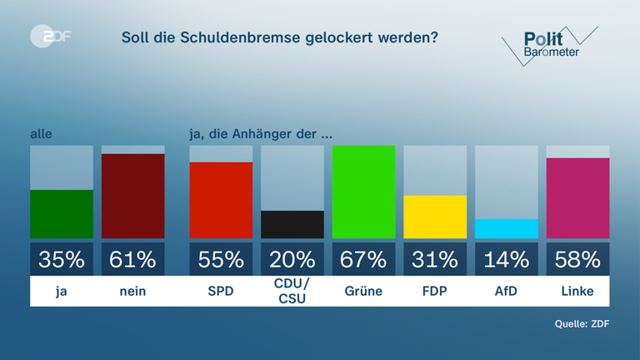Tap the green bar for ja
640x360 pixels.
(x=62, y=214)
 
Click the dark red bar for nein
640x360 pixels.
(x=133, y=196)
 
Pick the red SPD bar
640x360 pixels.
(x=221, y=200)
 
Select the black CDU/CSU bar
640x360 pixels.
(x=292, y=224)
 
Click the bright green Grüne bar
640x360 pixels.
(x=363, y=192)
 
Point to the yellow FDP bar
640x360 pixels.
(x=435, y=217)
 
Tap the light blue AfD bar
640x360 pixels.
(x=507, y=228)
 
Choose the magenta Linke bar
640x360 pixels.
(x=577, y=197)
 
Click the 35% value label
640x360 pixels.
(x=62, y=259)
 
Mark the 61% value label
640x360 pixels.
(x=133, y=259)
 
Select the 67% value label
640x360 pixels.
(x=363, y=259)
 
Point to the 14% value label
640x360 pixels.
(x=507, y=259)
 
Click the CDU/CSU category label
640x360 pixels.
(x=292, y=292)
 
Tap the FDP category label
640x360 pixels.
(x=435, y=292)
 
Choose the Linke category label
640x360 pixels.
(x=577, y=292)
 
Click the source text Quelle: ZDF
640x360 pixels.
(x=582, y=324)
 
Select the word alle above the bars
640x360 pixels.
(x=42, y=132)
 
